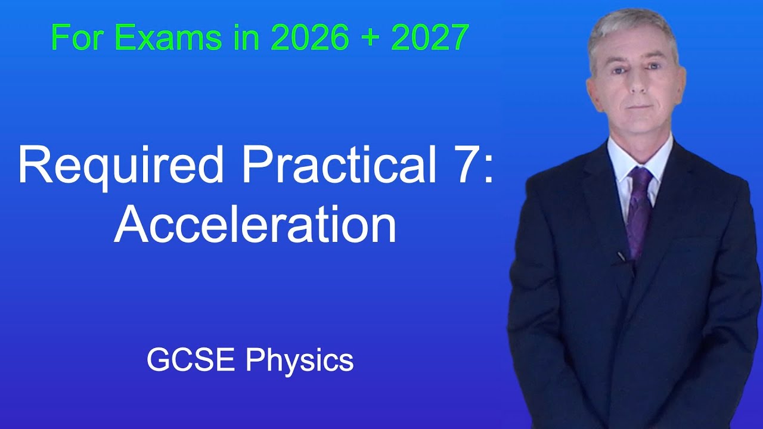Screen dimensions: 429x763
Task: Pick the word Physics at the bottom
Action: tap(299, 361)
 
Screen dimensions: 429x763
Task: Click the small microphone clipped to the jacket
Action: tap(622, 257)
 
